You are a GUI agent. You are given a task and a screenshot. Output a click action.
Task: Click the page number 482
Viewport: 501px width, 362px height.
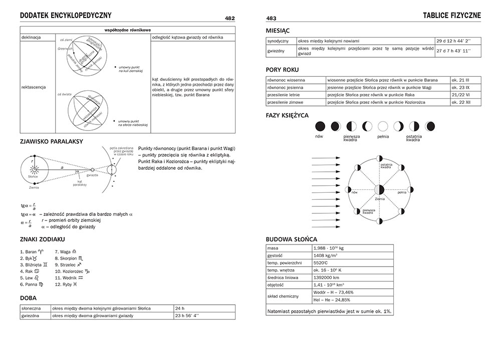point(230,19)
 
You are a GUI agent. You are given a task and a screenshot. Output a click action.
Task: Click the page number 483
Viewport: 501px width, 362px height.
point(271,19)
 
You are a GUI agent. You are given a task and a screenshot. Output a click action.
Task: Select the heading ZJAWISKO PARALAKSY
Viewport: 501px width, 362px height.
point(52,142)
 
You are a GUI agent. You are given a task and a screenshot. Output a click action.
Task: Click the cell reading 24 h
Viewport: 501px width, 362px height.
point(180,308)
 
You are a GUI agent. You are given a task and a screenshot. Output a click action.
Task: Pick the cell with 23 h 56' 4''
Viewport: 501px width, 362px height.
point(187,316)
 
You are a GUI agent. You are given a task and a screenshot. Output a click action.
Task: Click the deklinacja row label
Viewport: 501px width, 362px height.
point(31,37)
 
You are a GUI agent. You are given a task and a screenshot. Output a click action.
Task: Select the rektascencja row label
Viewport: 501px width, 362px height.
point(34,87)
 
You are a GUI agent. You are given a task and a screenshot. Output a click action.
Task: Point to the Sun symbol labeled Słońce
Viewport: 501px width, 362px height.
point(35,171)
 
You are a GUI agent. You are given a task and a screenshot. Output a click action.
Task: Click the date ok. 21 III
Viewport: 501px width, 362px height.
point(460,80)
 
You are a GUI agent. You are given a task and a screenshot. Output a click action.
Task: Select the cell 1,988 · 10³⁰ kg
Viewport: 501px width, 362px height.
point(329,248)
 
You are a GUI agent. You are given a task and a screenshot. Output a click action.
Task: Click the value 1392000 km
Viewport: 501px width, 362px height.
point(326,277)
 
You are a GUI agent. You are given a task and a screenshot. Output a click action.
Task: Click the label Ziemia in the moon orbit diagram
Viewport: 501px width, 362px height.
point(380,199)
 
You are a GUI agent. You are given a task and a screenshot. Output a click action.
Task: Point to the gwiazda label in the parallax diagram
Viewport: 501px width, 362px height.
point(92,176)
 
